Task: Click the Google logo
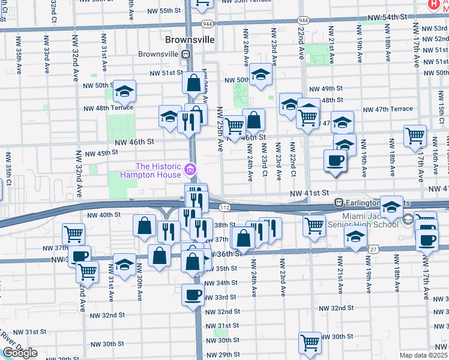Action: point(20,353)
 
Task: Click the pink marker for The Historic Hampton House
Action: point(190,169)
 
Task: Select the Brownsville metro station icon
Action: point(187,53)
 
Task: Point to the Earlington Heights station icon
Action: point(339,203)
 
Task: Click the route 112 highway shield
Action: point(224,207)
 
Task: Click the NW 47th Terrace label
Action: point(388,109)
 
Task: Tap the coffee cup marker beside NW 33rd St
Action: point(193,295)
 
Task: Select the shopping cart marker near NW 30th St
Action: point(310,343)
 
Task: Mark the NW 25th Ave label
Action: point(220,129)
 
